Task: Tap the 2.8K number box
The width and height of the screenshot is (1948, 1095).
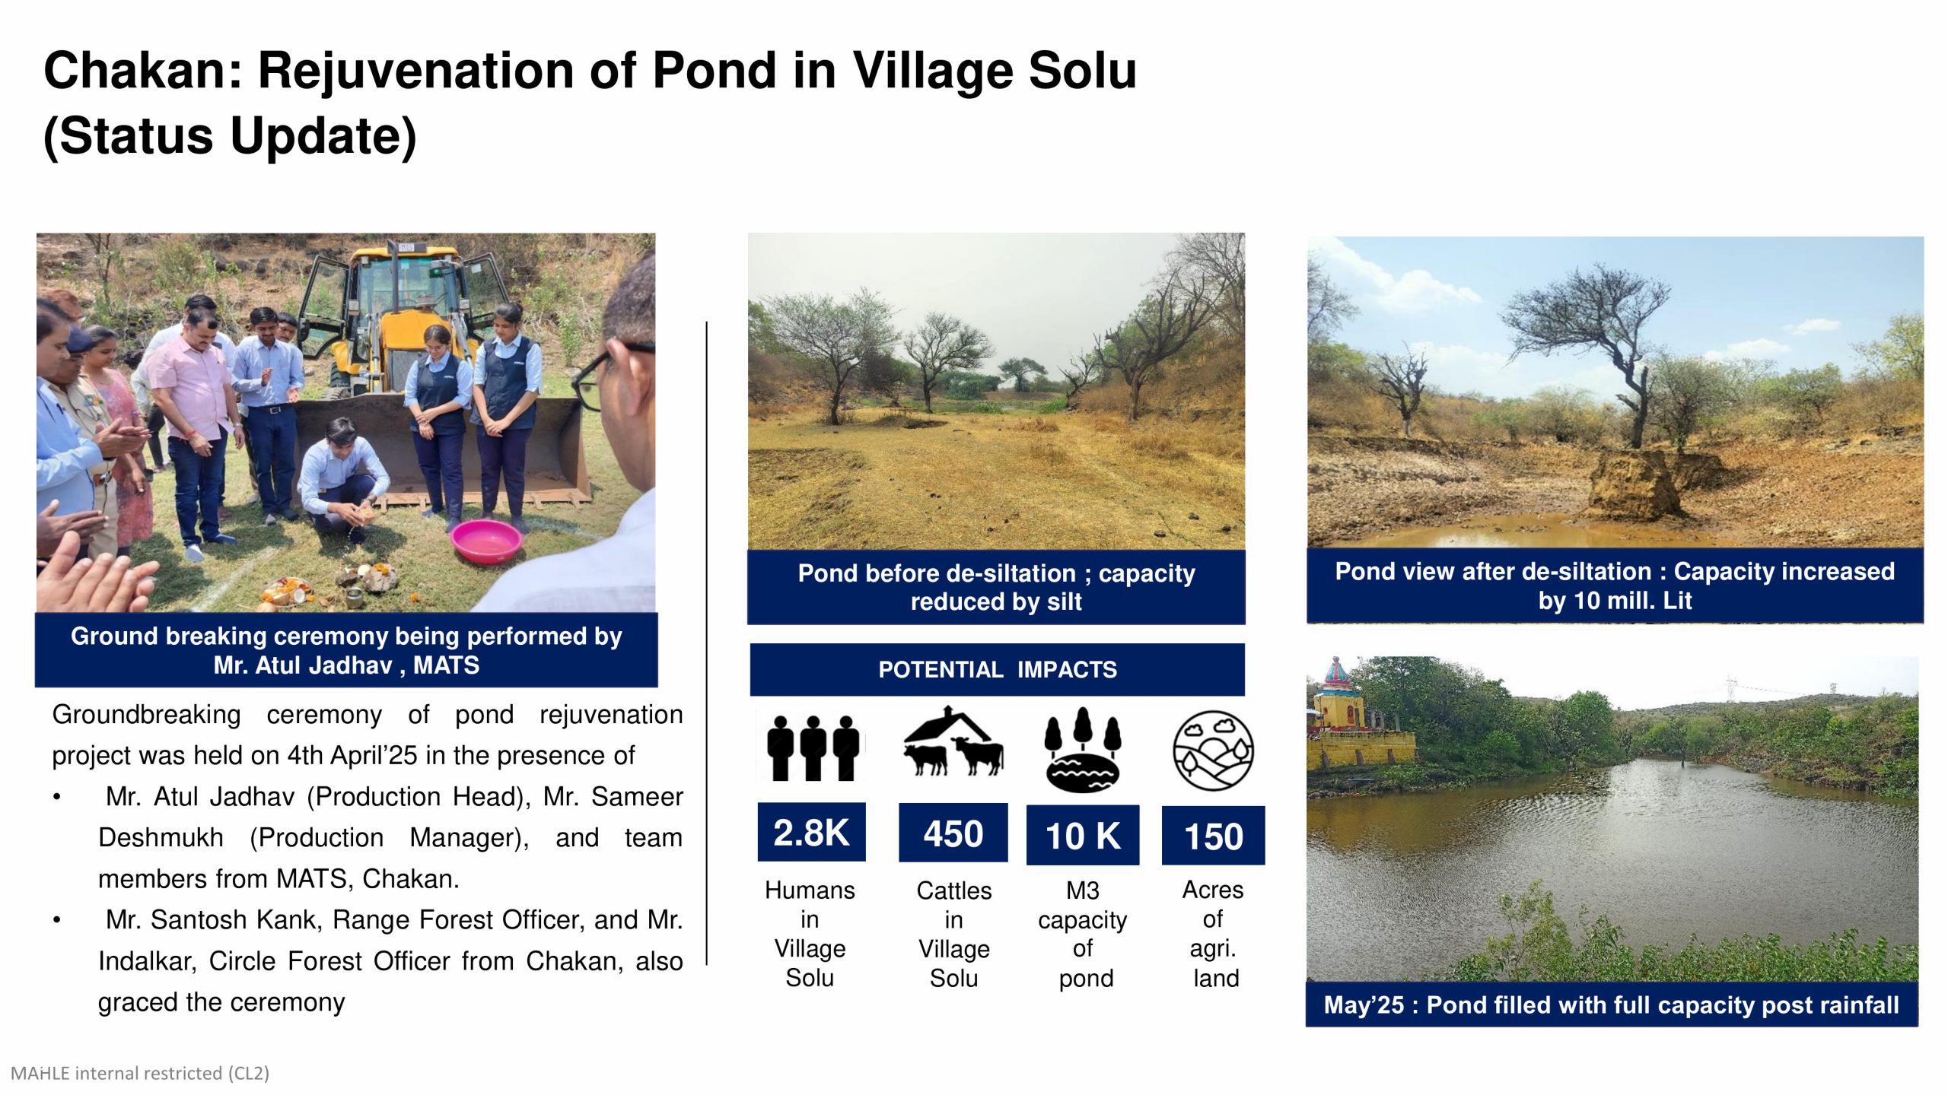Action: [811, 833]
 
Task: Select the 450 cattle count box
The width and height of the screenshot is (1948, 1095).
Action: [953, 833]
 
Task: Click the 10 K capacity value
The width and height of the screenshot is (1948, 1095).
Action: [1082, 836]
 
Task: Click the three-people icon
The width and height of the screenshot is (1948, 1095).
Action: [812, 748]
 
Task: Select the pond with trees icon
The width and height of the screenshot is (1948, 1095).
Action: [1082, 750]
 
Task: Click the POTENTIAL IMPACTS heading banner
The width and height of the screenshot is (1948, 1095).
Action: [997, 670]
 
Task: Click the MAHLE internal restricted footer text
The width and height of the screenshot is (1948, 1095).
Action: [140, 1073]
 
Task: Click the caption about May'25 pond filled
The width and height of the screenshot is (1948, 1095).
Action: [1611, 1005]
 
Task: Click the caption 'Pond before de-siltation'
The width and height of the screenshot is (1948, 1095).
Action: [996, 587]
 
